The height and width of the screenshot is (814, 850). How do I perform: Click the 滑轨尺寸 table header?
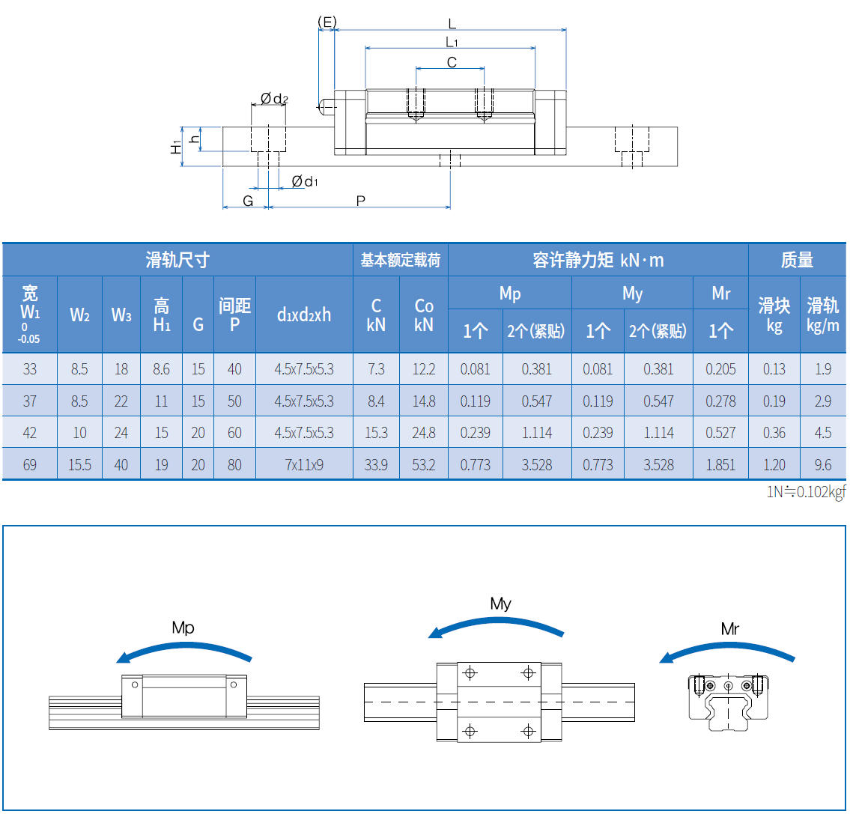click(177, 260)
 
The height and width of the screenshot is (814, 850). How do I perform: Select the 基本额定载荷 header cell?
click(400, 260)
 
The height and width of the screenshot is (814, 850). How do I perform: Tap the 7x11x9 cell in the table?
click(304, 465)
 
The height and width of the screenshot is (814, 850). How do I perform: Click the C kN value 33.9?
click(376, 465)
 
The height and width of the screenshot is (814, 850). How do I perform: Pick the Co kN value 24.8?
click(424, 433)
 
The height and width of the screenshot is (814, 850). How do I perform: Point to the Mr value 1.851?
click(720, 465)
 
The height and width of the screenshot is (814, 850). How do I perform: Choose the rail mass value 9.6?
click(822, 465)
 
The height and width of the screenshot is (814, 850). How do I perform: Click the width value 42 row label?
click(30, 433)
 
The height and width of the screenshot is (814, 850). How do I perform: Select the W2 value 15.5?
click(79, 465)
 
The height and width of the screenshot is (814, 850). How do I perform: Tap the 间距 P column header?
click(234, 315)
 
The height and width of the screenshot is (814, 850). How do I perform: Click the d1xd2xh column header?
click(304, 315)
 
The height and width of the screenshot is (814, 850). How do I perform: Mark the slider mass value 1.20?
click(774, 465)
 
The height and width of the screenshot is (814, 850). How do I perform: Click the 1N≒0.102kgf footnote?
click(806, 493)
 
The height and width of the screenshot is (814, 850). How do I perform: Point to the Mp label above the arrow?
click(183, 628)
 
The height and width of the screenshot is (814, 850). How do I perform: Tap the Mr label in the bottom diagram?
click(730, 629)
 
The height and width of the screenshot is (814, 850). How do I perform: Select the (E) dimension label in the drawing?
click(327, 22)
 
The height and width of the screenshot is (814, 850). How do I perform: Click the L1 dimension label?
click(451, 42)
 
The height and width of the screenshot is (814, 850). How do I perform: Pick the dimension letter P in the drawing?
click(360, 201)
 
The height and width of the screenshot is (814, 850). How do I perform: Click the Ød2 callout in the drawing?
click(274, 98)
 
